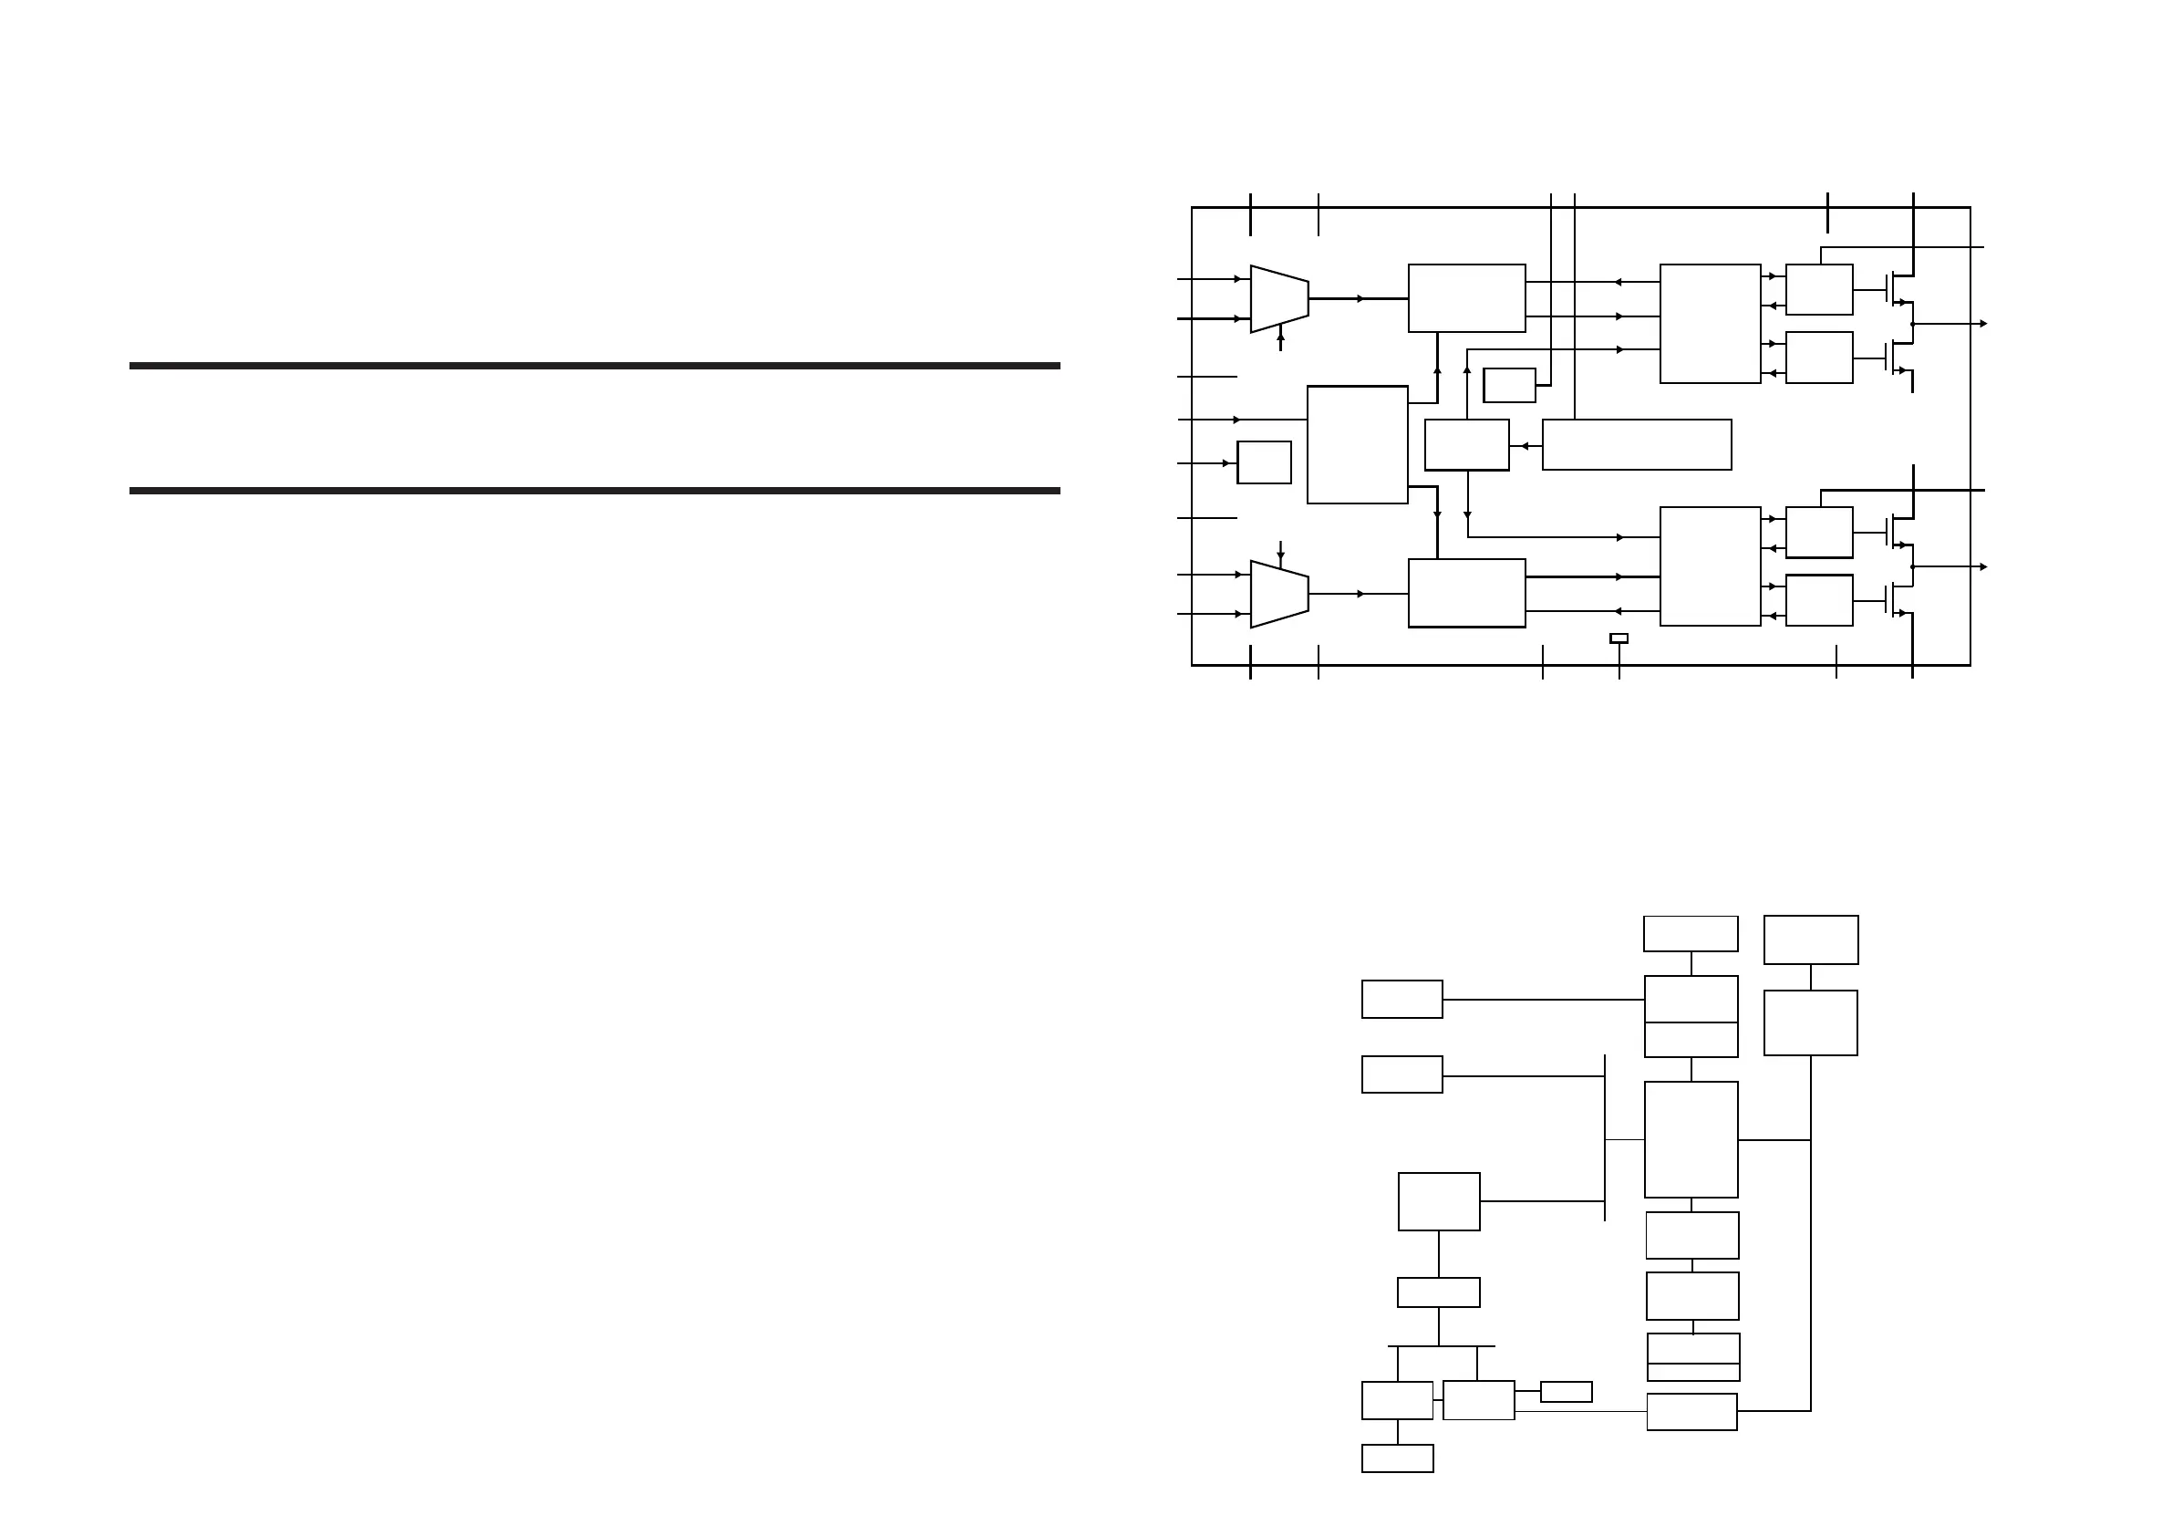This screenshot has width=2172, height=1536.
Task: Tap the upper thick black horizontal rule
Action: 595,366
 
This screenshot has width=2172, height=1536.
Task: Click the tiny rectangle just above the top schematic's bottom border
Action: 1619,638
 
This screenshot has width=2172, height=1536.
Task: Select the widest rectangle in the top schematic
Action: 1637,445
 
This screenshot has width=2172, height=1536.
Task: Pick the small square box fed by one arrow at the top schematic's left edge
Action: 1264,462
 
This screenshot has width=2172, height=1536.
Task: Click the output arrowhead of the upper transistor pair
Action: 1983,324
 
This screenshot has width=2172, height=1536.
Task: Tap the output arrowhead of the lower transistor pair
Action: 1983,567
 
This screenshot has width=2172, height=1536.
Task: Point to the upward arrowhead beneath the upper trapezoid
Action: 1281,336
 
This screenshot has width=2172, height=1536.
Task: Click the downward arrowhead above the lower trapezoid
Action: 1281,556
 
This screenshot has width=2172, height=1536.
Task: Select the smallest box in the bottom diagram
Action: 1566,1392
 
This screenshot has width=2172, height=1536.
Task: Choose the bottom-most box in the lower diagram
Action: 1397,1458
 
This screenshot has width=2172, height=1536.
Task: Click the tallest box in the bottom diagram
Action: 1691,1139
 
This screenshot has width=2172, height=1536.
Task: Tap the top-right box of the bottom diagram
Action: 1811,939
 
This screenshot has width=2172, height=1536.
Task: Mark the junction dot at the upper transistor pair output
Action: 1913,324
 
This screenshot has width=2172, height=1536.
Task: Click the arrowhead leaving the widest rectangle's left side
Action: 1525,446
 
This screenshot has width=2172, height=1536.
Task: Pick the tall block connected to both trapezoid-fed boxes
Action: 1357,445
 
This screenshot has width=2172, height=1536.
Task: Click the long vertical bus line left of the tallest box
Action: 1606,1137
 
